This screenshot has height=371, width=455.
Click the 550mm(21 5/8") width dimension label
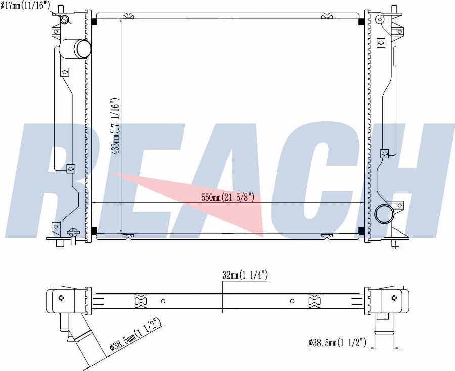tap(228, 198)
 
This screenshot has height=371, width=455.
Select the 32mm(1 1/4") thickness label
tap(245, 274)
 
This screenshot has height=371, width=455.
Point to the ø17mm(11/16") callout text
tap(25, 6)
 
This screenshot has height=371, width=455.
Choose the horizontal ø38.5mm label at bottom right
tap(337, 343)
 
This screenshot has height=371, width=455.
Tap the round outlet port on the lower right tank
tap(384, 214)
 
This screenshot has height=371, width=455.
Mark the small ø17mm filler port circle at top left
tap(65, 19)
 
